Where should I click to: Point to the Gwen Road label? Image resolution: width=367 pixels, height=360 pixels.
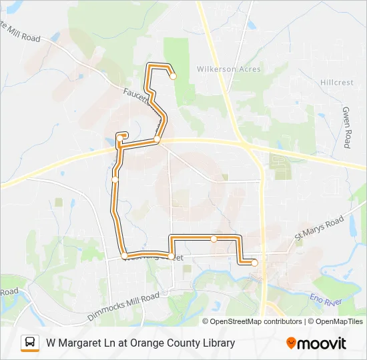[x=347, y=127]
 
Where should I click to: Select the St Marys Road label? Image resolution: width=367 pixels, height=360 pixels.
[x=319, y=228]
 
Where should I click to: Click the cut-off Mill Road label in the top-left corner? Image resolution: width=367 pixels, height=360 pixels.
[x=20, y=33]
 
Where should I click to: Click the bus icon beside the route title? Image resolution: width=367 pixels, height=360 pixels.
[x=30, y=343]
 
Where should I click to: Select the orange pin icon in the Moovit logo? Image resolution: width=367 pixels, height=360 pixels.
[x=292, y=343]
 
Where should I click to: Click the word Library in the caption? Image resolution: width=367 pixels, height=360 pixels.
[x=217, y=343]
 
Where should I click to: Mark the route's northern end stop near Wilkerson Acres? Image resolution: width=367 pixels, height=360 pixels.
[x=173, y=76]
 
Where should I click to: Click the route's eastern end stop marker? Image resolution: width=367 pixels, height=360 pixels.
[x=254, y=263]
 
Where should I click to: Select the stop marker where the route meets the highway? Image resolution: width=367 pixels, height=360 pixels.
[x=157, y=139]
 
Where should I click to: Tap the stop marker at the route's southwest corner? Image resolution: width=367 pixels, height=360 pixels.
[x=125, y=255]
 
